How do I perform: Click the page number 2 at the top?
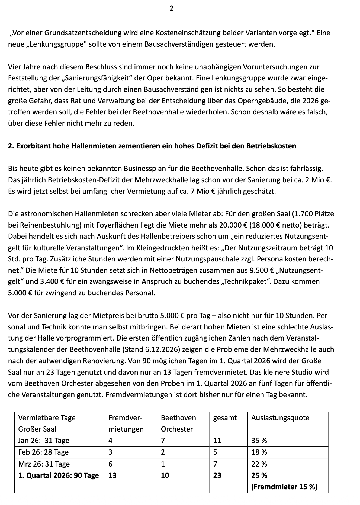(x=171, y=9)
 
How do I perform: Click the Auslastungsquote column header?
(x=280, y=417)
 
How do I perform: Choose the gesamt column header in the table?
(x=225, y=417)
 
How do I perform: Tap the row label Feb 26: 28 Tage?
(x=43, y=452)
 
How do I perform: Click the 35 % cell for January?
(x=259, y=441)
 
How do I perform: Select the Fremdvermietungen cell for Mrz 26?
(x=110, y=464)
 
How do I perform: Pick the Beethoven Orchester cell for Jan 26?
(x=163, y=441)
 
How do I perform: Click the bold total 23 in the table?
(x=217, y=475)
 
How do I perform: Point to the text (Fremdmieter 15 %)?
(x=284, y=487)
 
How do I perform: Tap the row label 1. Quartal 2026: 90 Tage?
(x=58, y=475)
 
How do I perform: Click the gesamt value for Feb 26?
(x=215, y=452)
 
